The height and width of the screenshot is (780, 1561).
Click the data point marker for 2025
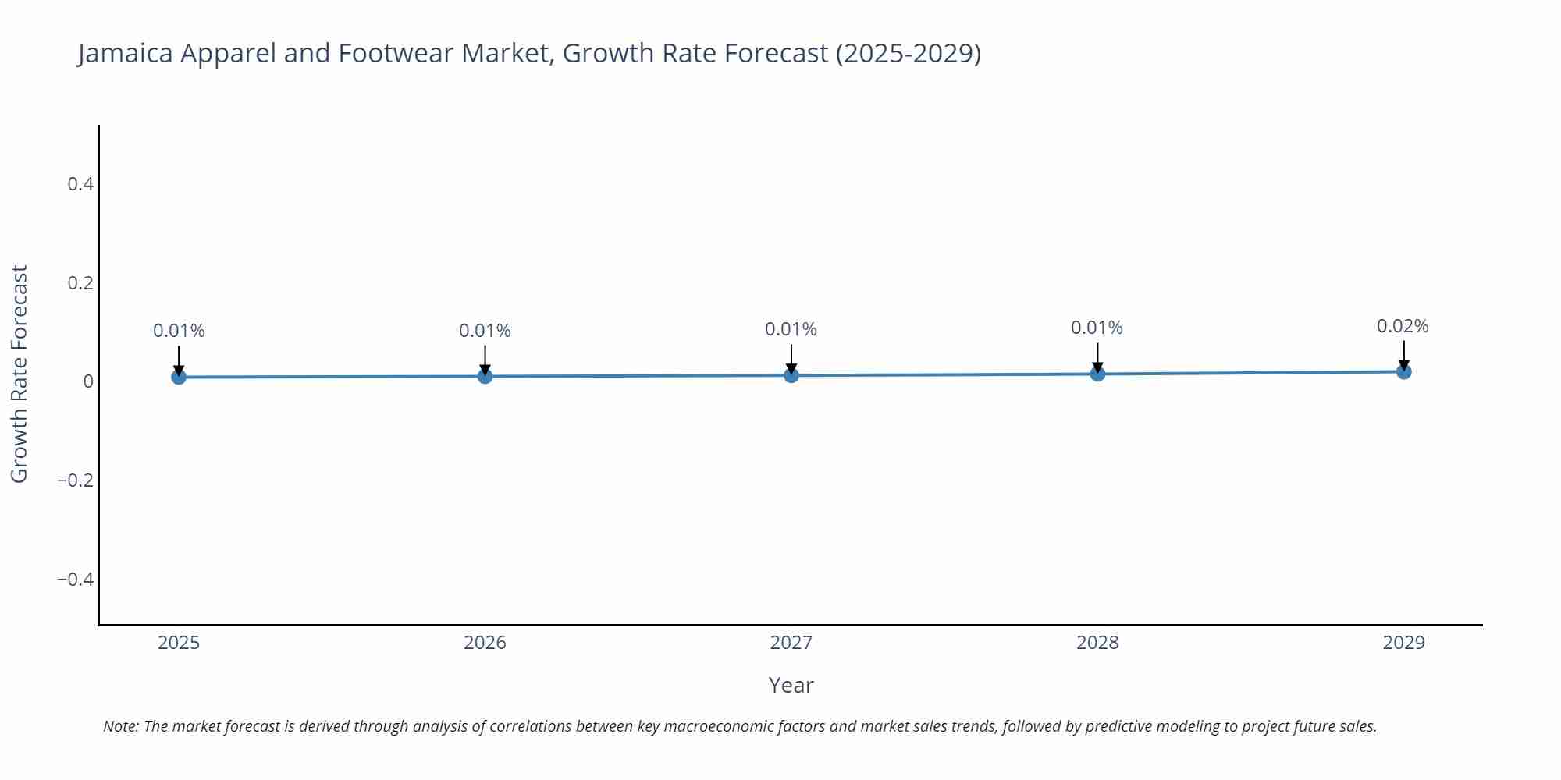point(179,378)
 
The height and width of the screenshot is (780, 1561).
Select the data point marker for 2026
point(485,377)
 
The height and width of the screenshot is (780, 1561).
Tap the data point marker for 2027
point(791,375)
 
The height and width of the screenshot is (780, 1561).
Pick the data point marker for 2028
point(1097,374)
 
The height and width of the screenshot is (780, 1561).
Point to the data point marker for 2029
point(1403,372)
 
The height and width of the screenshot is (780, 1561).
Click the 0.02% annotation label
point(1403,326)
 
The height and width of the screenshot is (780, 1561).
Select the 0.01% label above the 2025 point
point(179,331)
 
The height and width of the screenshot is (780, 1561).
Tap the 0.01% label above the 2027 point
point(791,329)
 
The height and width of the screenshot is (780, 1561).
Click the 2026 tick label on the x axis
point(485,643)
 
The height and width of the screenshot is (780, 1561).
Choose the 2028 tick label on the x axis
point(1097,643)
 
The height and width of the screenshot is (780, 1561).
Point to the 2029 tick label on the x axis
point(1403,643)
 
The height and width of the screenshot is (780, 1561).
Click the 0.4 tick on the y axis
point(80,184)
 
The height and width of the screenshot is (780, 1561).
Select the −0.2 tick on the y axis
point(76,480)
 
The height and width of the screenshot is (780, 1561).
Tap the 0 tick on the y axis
point(88,381)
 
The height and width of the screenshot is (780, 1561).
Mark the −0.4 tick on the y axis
point(76,579)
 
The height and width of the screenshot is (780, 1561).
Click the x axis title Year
point(791,685)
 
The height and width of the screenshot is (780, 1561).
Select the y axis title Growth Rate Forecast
point(20,374)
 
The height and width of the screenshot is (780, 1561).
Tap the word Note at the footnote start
point(120,726)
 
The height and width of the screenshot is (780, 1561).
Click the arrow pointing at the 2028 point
point(1097,357)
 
